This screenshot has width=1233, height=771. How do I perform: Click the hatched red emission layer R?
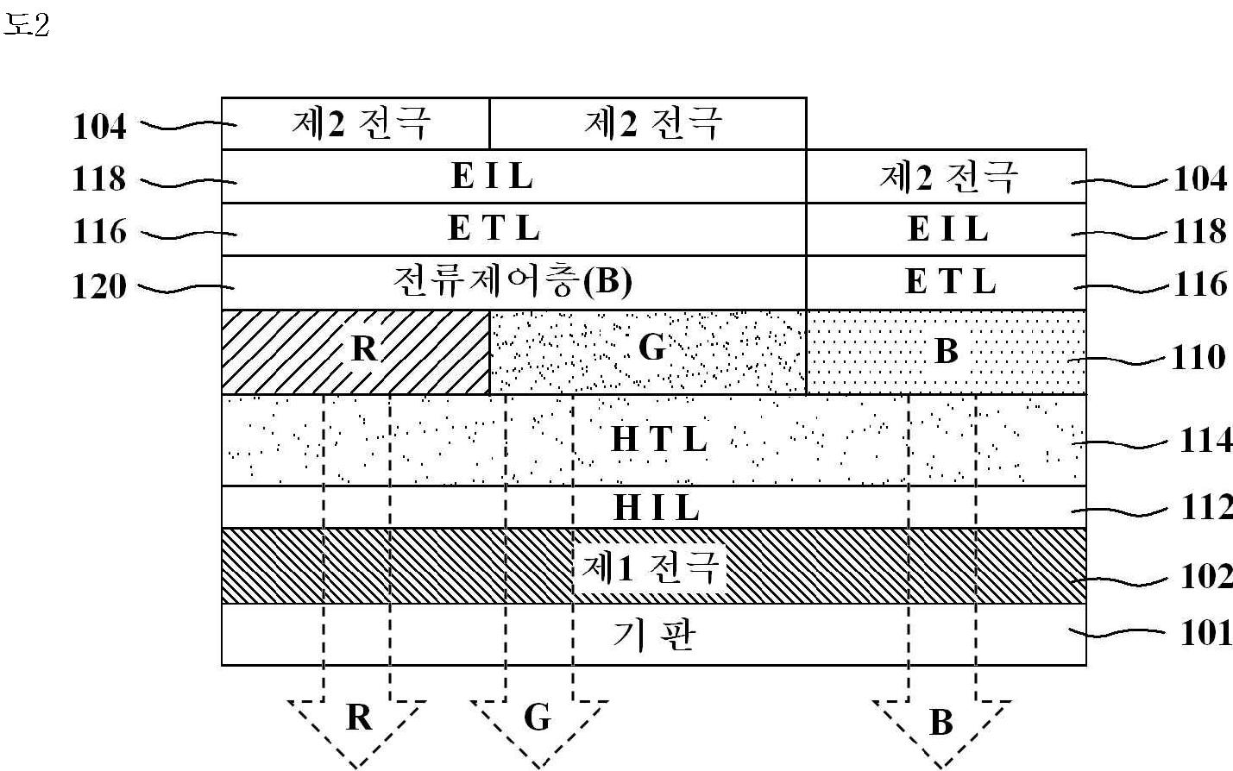(x=355, y=351)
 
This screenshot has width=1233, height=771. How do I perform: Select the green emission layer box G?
(x=647, y=351)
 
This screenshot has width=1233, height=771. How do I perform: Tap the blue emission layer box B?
(x=946, y=351)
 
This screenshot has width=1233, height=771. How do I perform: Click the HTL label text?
(x=659, y=440)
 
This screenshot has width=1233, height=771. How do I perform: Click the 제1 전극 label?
(x=651, y=567)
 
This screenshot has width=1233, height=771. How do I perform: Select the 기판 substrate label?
(x=653, y=636)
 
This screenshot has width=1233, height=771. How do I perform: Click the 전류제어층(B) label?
(x=513, y=282)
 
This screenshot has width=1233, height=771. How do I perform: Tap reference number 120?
(x=99, y=286)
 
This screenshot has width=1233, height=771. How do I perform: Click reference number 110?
(x=1198, y=357)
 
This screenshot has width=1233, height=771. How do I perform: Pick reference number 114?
(x=1205, y=441)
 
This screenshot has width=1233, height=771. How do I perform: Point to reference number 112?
(x=1205, y=507)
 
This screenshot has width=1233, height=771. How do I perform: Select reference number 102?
(x=1205, y=576)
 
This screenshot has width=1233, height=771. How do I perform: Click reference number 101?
(x=1205, y=633)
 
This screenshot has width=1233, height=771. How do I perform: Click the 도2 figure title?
(x=27, y=25)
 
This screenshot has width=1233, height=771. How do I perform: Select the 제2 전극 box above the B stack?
(x=946, y=177)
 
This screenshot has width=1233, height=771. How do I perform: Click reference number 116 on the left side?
(x=99, y=232)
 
